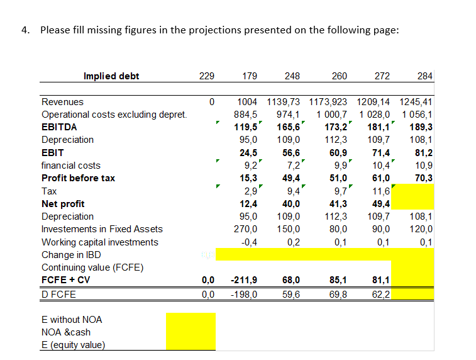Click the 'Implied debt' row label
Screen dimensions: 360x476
click(x=111, y=76)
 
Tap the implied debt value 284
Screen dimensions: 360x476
click(x=424, y=76)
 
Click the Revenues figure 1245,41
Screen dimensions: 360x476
click(x=416, y=101)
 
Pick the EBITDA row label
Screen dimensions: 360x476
click(x=58, y=127)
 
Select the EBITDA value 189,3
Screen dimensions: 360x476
click(x=420, y=127)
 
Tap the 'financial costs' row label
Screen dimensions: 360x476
click(x=70, y=165)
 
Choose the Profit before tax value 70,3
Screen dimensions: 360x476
click(x=422, y=177)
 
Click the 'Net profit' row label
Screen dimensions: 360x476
click(x=63, y=203)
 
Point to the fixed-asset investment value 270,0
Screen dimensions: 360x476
click(x=245, y=229)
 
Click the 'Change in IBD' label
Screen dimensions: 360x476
click(x=70, y=255)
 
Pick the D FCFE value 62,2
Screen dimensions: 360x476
click(x=380, y=293)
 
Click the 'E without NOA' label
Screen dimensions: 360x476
click(x=72, y=319)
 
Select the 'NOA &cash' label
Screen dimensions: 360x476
click(x=65, y=332)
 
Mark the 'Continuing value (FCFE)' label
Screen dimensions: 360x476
click(x=92, y=267)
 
